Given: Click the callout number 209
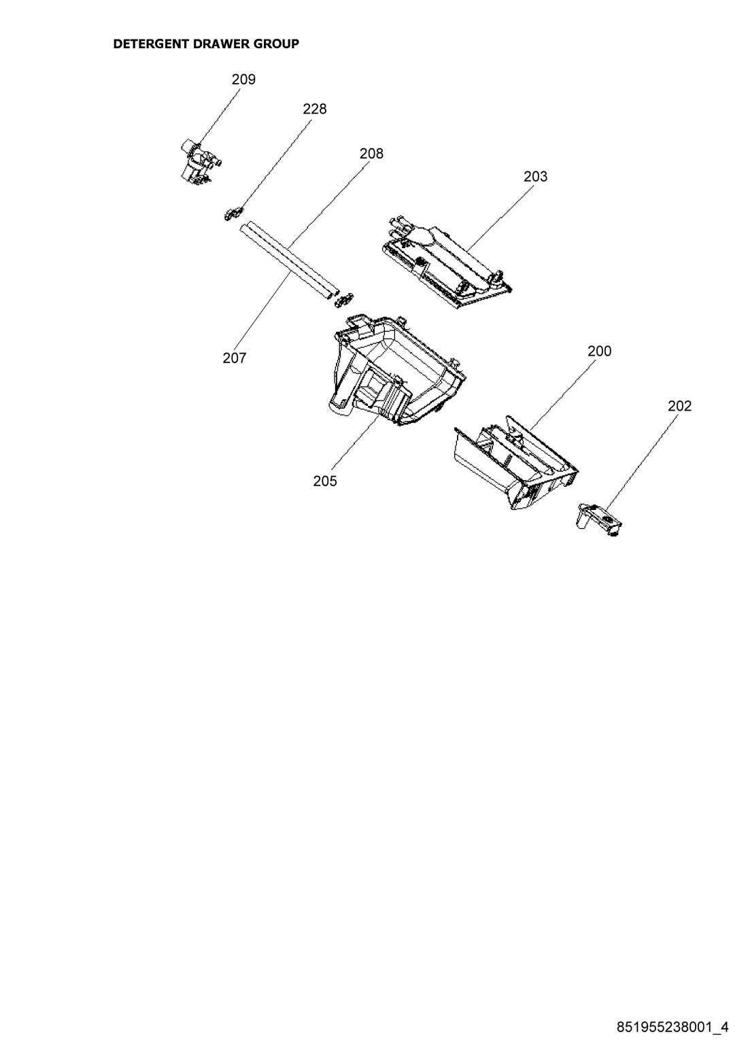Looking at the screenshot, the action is coord(243,80).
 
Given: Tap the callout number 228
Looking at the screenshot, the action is coord(314,109).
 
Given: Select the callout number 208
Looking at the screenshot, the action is coord(372,154).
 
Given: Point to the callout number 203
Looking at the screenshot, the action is coord(536,176).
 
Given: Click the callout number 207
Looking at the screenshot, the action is coord(235,358).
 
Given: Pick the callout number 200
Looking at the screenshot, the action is coord(599,351).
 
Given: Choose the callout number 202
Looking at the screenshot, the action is coord(679,406).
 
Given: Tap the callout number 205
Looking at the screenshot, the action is coord(325,481).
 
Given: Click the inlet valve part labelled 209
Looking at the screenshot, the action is coord(201,160).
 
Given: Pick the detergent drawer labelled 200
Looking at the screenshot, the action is coord(516,463).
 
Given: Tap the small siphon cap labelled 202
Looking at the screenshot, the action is coord(599,520).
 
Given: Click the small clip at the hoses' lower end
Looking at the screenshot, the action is coord(345,299).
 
